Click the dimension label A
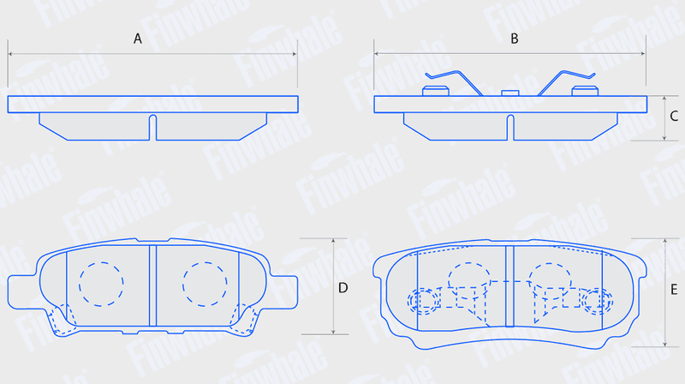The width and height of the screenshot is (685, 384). pyautogui.click(x=138, y=39)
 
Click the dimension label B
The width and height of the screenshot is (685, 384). pyautogui.click(x=515, y=39)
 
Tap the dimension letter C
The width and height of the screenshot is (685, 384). pyautogui.click(x=674, y=116)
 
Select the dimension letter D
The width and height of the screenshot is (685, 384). pyautogui.click(x=343, y=288)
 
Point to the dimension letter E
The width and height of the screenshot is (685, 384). pyautogui.click(x=674, y=290)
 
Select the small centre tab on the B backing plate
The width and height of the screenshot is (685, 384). pyautogui.click(x=509, y=93)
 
